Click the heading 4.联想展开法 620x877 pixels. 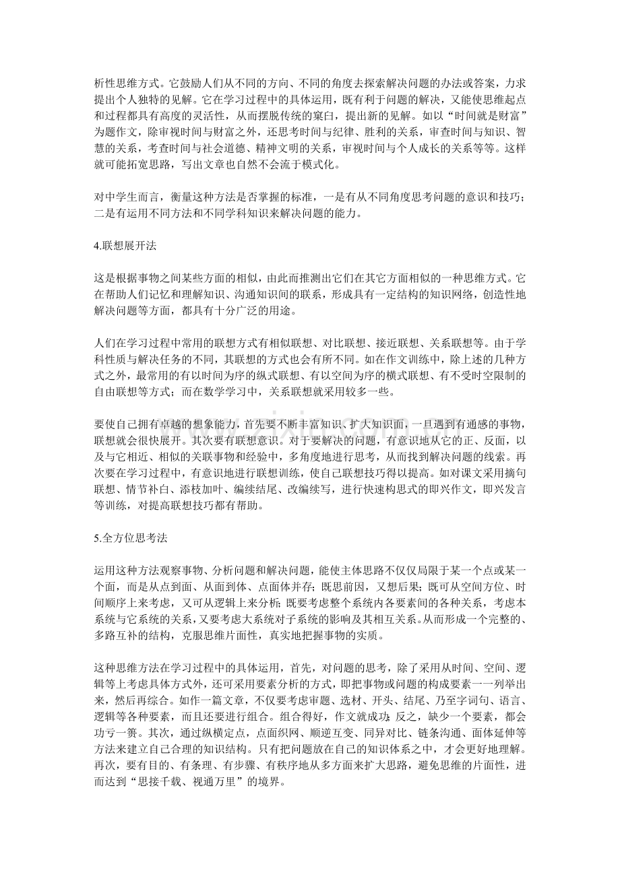coord(125,246)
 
